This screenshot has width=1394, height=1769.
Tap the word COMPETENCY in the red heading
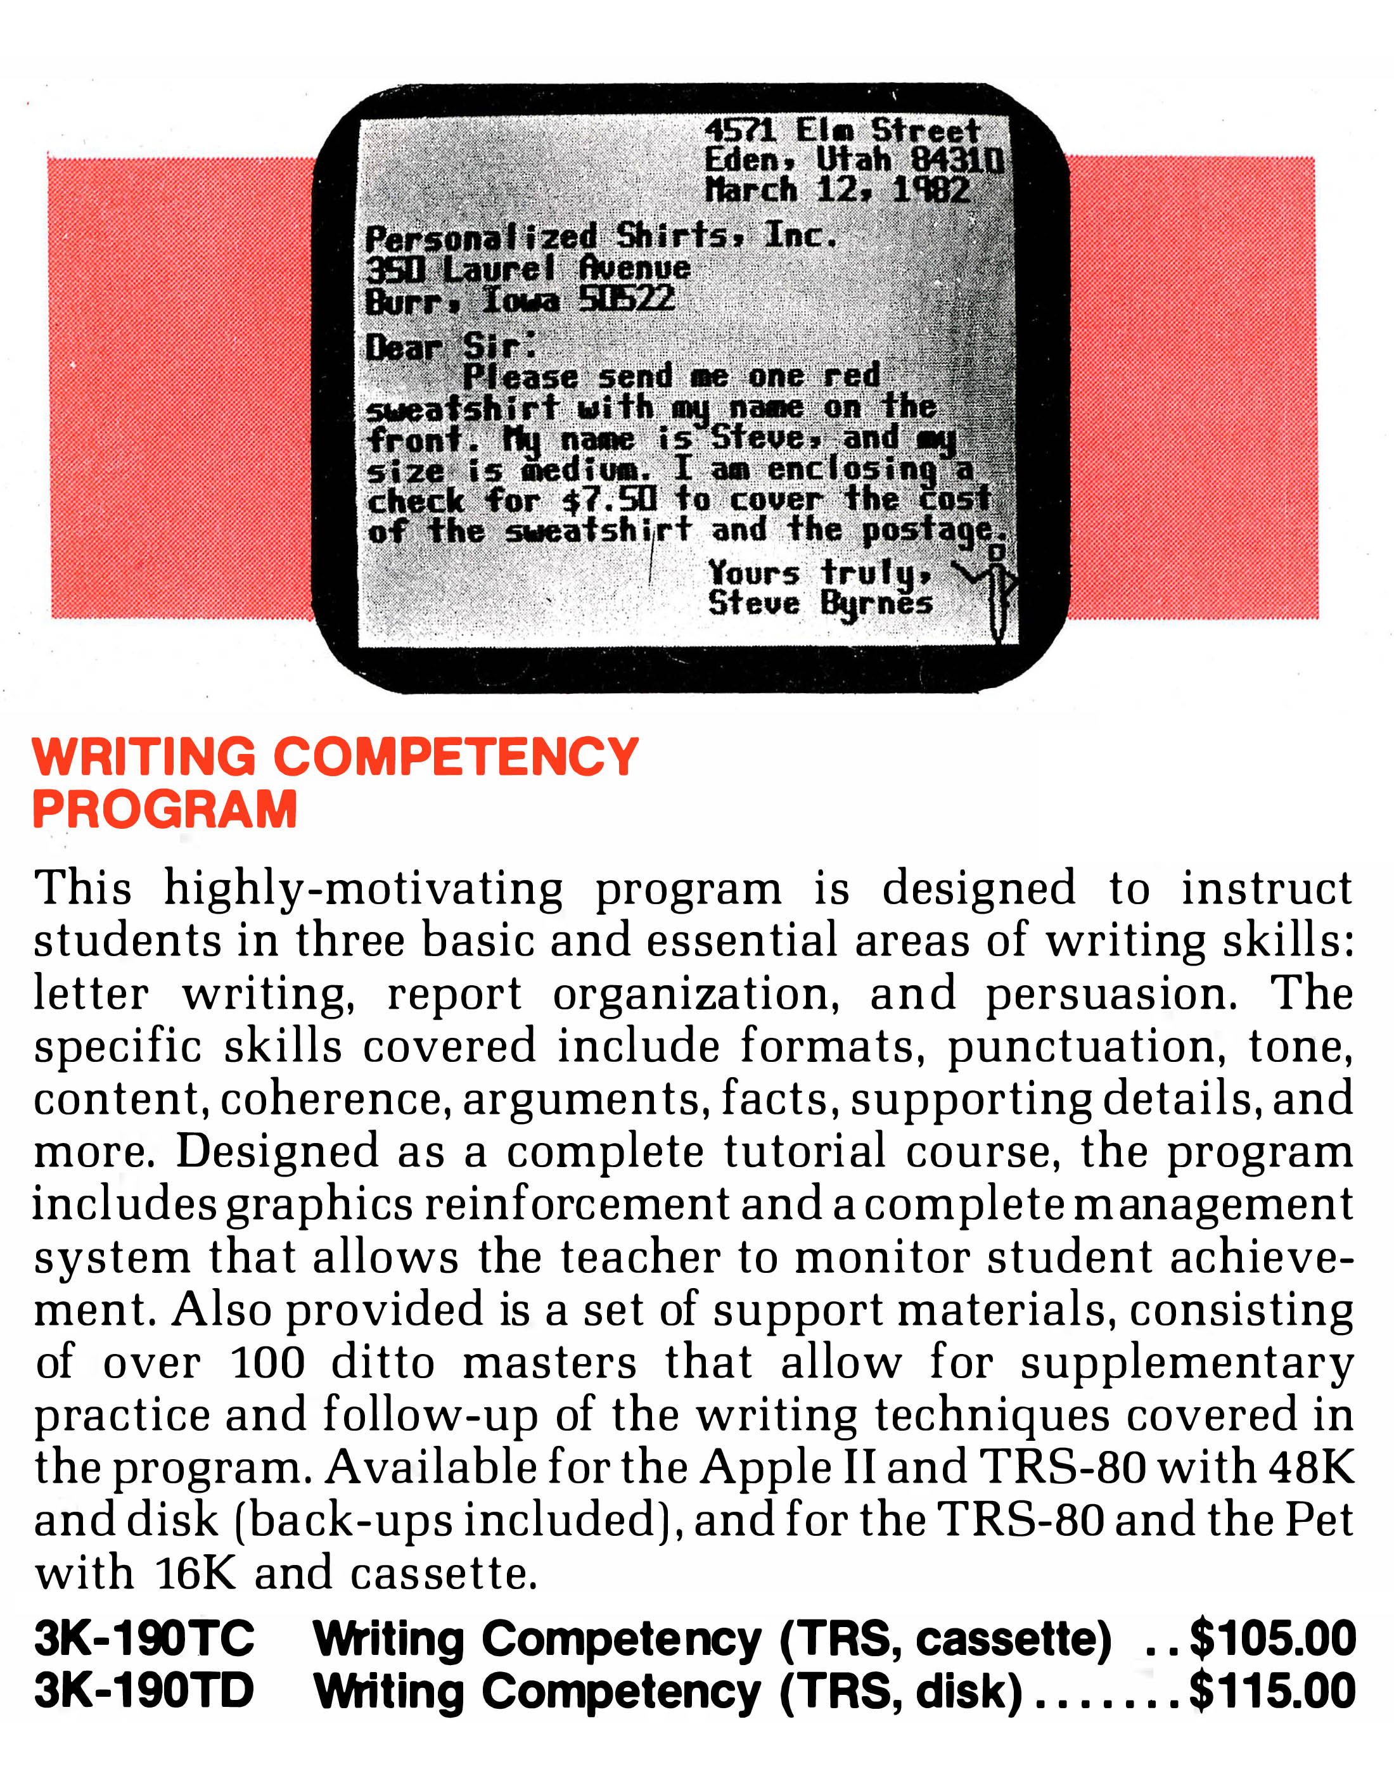click(x=456, y=757)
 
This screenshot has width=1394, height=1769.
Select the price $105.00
click(x=1272, y=1638)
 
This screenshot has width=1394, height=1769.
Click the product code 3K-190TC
click(x=144, y=1638)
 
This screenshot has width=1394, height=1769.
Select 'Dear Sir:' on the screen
click(x=451, y=347)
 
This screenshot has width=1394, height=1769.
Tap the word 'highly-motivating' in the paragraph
click(x=363, y=888)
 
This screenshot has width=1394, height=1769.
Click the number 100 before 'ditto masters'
click(x=267, y=1363)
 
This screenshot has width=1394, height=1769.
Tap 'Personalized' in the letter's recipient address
click(x=482, y=238)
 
